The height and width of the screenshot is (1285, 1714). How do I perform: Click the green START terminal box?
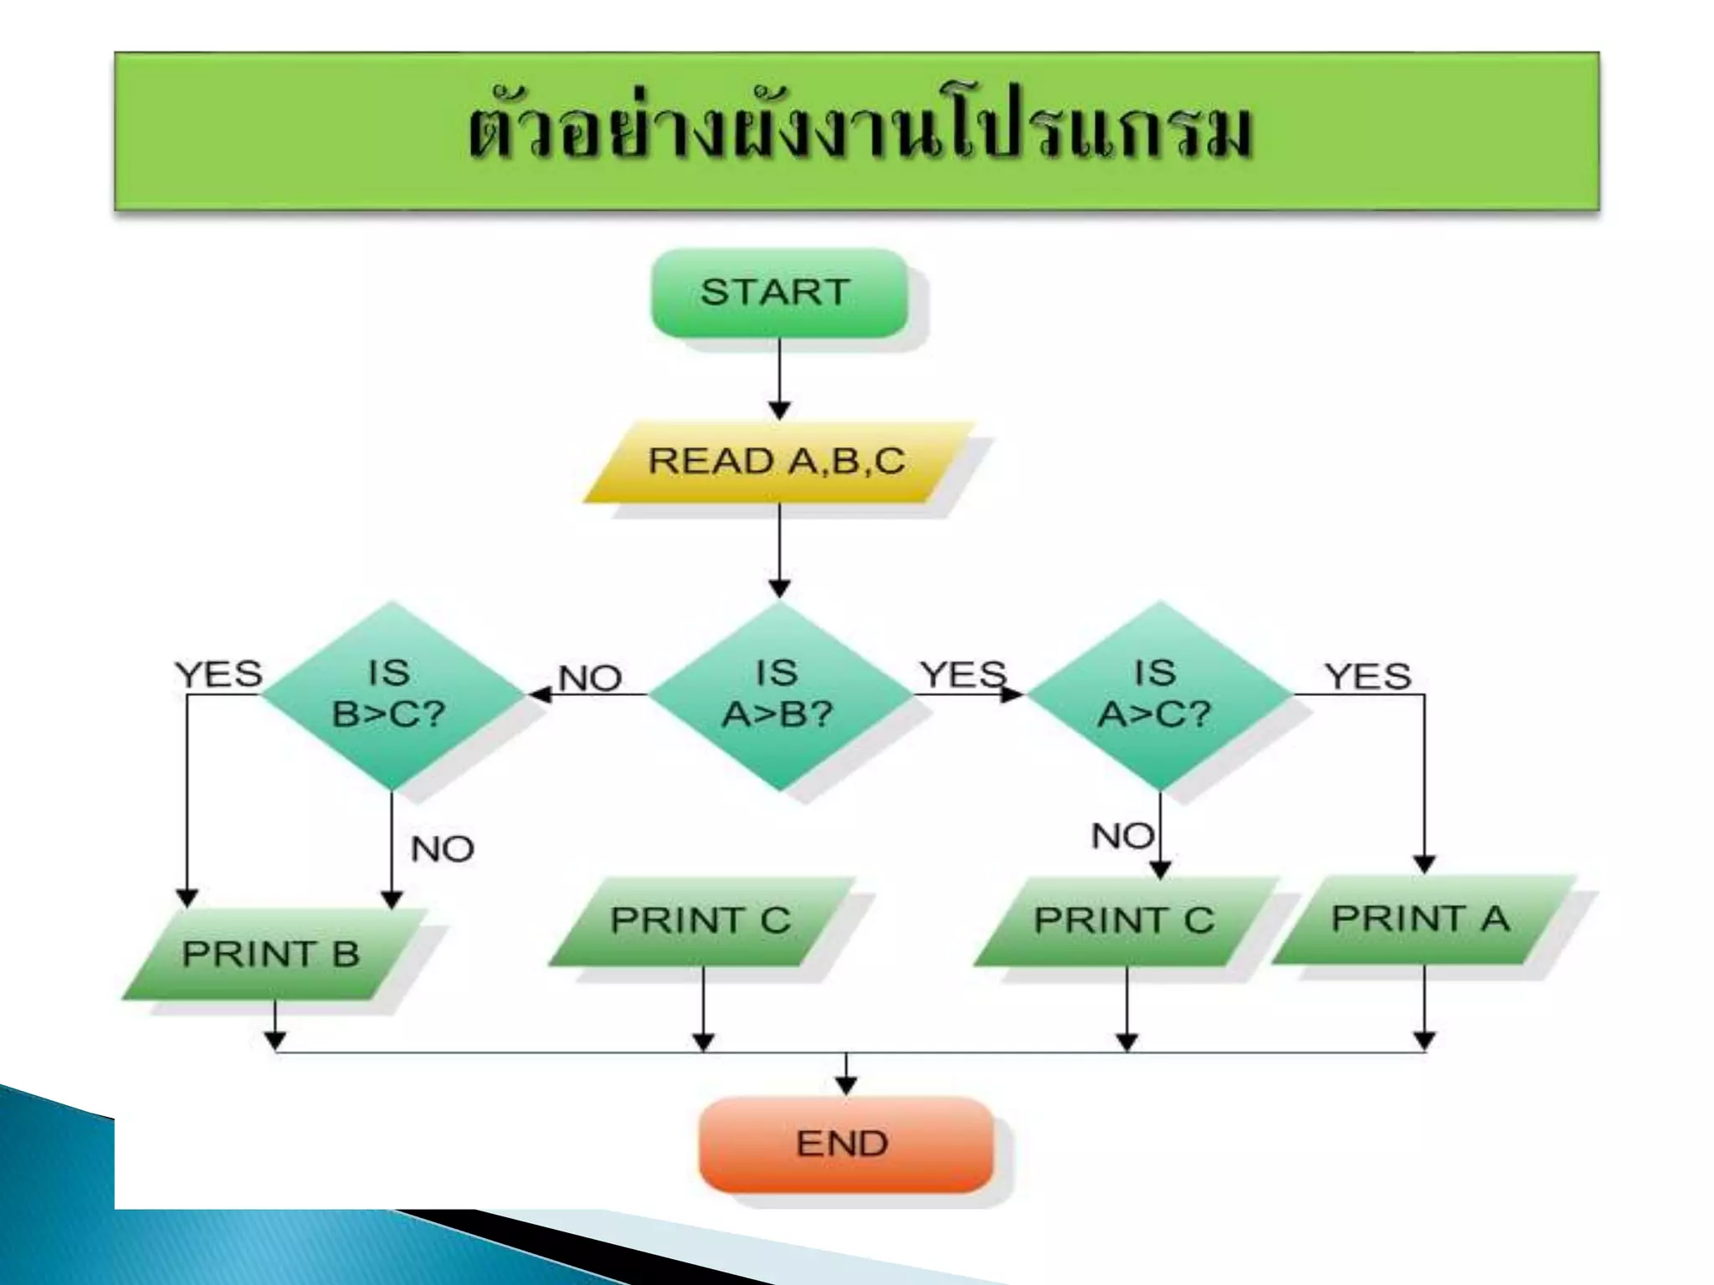pos(778,293)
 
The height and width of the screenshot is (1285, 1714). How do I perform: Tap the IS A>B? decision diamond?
pos(778,694)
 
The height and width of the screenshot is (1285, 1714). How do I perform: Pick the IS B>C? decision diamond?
pos(390,694)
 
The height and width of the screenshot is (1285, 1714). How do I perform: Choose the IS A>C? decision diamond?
pos(1158,694)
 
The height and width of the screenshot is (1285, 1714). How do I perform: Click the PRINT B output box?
pos(273,954)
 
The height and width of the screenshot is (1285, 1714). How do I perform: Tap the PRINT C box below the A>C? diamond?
pos(1125,920)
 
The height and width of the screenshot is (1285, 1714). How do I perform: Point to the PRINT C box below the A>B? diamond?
pos(701,920)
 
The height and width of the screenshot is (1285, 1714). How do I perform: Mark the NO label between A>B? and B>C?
pos(590,678)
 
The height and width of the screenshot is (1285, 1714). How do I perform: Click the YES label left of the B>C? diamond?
pos(218,674)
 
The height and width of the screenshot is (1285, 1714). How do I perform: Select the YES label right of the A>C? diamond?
pos(1368,676)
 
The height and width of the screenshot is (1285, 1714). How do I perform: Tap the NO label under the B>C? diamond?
pos(442,850)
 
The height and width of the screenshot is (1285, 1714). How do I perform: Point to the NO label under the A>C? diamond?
pos(1122,836)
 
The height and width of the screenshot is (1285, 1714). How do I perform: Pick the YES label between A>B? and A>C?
pos(962,674)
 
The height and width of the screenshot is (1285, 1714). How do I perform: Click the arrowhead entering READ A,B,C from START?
pos(779,411)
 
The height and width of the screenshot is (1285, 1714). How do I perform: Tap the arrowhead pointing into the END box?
pos(846,1086)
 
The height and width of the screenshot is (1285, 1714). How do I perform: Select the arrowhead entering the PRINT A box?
pos(1424,864)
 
